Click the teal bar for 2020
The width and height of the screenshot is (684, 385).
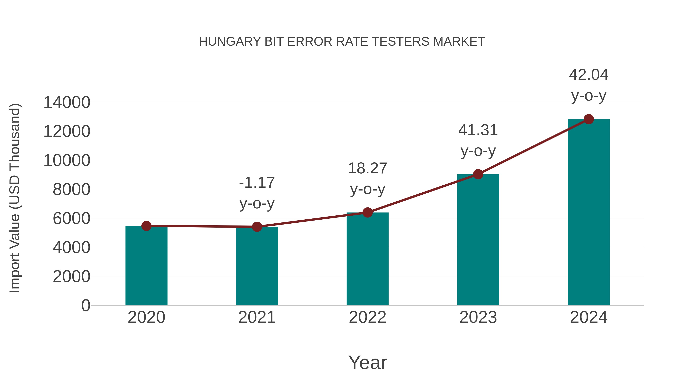click(146, 266)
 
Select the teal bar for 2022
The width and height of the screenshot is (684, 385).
click(367, 259)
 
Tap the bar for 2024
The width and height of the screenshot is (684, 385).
click(589, 213)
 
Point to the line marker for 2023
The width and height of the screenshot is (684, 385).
click(478, 174)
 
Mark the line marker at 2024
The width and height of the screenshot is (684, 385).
click(589, 119)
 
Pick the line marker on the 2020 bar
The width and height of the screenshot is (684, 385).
click(146, 226)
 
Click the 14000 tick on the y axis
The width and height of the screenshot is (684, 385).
click(67, 102)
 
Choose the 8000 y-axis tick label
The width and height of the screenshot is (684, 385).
click(71, 190)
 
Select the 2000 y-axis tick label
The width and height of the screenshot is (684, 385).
click(71, 277)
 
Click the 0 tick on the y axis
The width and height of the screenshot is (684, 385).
click(86, 306)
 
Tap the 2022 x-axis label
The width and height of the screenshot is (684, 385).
click(367, 317)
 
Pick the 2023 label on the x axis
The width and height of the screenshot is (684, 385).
click(478, 317)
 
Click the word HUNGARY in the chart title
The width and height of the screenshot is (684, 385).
click(230, 42)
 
